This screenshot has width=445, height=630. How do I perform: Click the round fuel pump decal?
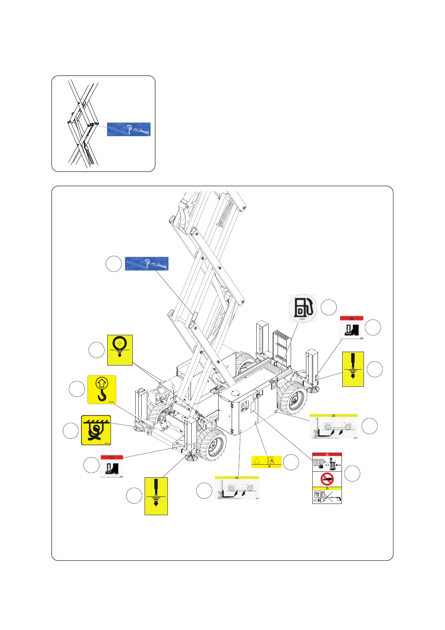click(x=303, y=308)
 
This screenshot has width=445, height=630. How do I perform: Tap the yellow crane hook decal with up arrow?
click(x=102, y=389)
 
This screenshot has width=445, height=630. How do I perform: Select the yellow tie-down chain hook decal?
click(x=96, y=430)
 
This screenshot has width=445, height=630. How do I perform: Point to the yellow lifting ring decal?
click(x=120, y=350)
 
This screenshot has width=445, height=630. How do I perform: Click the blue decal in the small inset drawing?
click(x=129, y=129)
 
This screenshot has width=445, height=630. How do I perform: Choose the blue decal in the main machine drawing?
click(x=146, y=263)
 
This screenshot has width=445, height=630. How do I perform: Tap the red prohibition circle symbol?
click(x=327, y=479)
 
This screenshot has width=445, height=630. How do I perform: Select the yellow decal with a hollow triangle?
click(x=266, y=461)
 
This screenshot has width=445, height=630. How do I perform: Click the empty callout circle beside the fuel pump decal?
click(x=329, y=308)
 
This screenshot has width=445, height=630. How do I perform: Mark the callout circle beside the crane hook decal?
click(x=77, y=389)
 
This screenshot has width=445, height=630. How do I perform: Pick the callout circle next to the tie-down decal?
click(x=71, y=430)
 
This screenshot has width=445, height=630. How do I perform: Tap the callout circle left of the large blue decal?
click(x=114, y=264)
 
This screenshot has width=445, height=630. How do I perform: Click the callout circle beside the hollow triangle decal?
click(x=291, y=462)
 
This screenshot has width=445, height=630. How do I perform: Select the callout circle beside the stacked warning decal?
click(x=352, y=474)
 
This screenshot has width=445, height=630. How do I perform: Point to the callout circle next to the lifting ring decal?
click(x=96, y=350)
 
